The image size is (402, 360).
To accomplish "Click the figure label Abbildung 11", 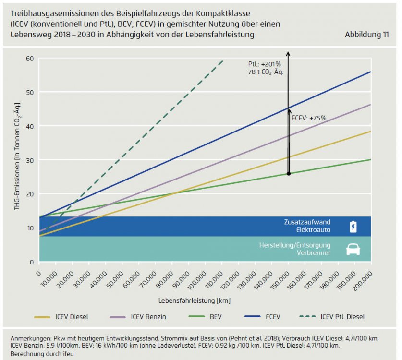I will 367,35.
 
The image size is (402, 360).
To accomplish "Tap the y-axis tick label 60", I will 30,59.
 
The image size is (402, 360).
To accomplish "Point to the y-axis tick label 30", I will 30,160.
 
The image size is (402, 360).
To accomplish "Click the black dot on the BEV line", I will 289,173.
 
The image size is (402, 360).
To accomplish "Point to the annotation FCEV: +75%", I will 309,118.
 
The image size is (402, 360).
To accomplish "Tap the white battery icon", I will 353,227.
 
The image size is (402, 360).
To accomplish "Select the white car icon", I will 353,249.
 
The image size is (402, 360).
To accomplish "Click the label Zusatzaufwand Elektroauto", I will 308,227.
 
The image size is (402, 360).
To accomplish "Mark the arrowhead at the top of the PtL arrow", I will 288,52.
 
